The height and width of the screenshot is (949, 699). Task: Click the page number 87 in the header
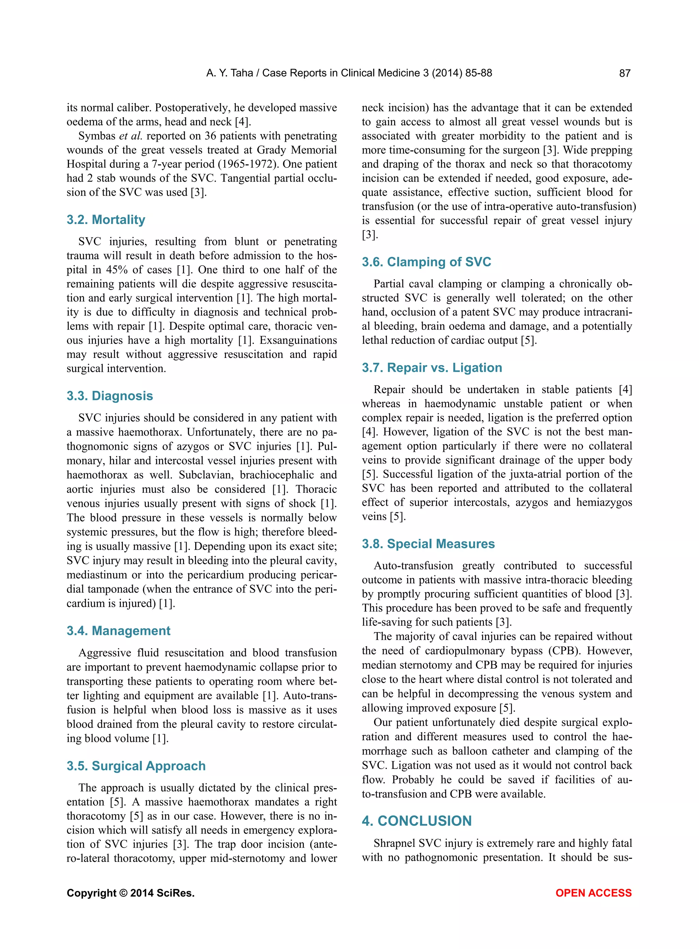625,73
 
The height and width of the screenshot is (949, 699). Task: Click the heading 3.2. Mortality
106,220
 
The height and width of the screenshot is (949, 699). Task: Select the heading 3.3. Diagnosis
110,396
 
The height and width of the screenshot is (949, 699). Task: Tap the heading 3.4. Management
118,631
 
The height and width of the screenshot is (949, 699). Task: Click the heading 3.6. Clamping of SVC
426,262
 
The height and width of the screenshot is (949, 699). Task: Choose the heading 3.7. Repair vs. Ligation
432,367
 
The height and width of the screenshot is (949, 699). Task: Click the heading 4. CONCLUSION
416,821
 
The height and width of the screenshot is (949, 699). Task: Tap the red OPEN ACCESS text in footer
593,893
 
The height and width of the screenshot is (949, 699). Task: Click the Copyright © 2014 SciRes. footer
130,893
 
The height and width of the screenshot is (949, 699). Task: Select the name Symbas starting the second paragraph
97,136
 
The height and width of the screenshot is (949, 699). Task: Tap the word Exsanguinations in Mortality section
298,340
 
